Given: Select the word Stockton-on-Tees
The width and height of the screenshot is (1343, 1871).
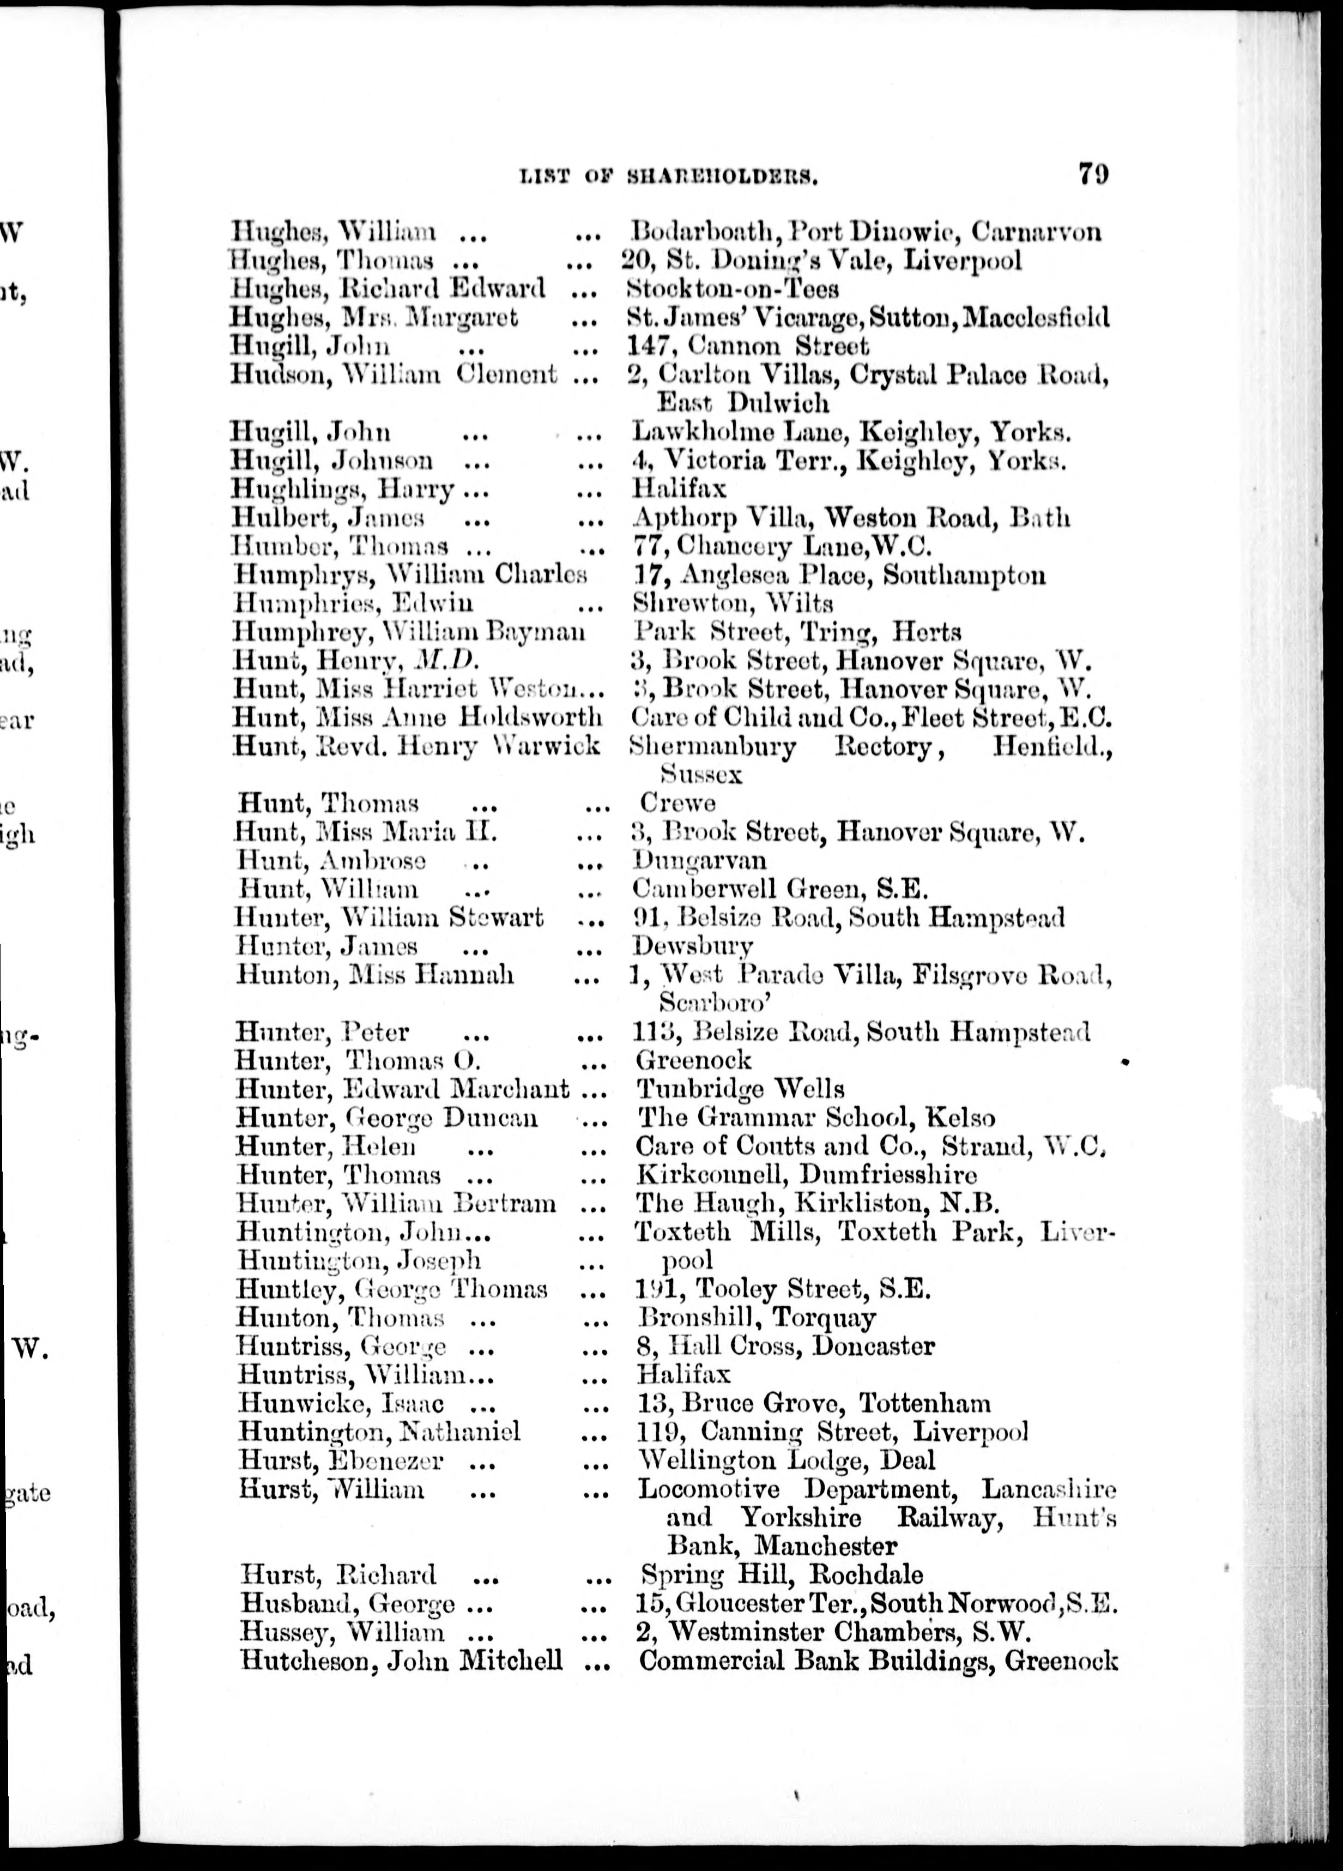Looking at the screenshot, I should point(733,289).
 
